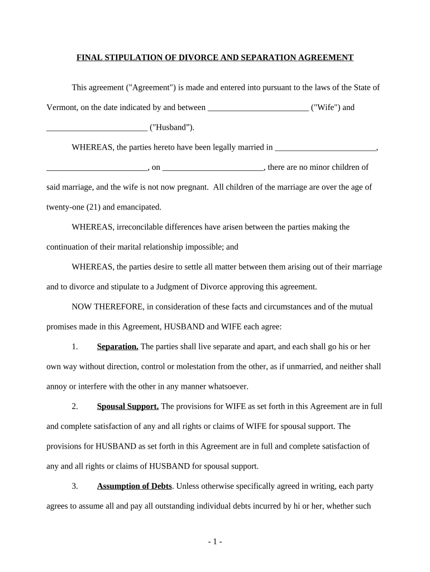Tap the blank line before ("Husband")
(97, 128)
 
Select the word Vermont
(61, 107)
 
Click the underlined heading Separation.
(117, 346)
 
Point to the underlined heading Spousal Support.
(128, 406)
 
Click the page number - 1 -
(215, 542)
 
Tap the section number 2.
(75, 406)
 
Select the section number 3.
(75, 486)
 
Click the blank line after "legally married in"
(326, 148)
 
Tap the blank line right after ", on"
(213, 168)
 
